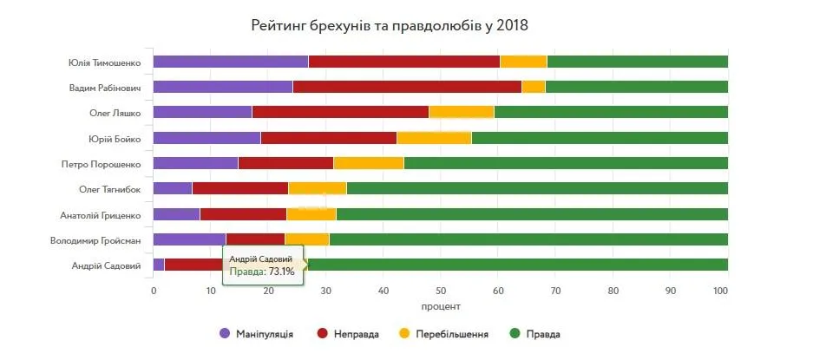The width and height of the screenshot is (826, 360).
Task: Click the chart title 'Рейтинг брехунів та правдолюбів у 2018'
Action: point(390,25)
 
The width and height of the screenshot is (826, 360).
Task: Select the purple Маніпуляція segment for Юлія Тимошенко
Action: point(230,62)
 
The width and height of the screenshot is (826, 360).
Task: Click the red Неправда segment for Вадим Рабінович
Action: point(406,87)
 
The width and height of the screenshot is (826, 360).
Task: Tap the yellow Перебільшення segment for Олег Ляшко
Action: point(461,112)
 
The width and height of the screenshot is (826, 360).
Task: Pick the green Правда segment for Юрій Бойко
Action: point(599,137)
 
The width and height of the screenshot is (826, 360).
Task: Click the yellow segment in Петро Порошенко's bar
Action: point(368,163)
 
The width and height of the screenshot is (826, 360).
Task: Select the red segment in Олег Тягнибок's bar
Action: point(240,188)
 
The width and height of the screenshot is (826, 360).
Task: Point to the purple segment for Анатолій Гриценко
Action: point(176,214)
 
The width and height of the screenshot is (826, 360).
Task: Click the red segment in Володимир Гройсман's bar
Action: point(255,239)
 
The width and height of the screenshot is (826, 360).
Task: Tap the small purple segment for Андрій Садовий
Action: point(159,265)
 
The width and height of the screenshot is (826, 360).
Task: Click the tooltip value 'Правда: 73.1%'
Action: point(262,272)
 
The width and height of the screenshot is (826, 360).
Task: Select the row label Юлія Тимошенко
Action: point(104,62)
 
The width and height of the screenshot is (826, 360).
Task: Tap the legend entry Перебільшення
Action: point(451,334)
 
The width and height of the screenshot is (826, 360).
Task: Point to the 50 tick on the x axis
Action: point(441,291)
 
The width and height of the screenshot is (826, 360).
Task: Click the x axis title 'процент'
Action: point(441,307)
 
